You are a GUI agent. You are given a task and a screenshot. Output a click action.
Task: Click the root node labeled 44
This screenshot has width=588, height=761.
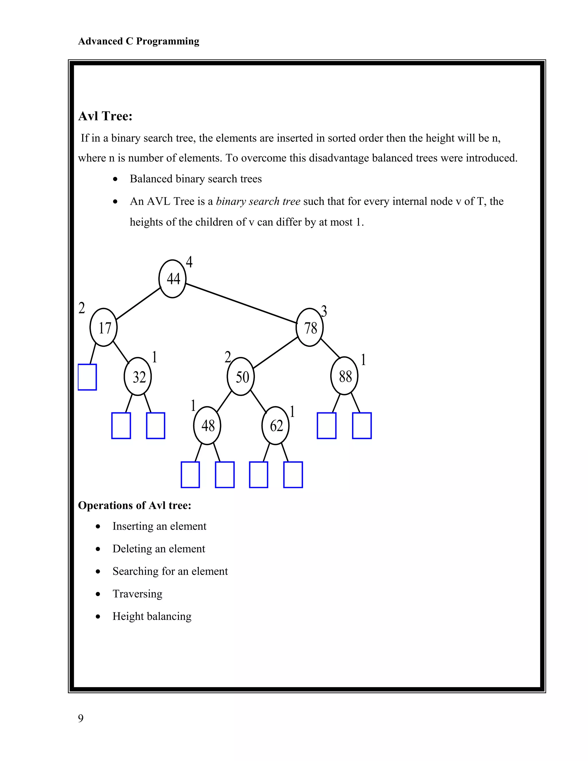[x=173, y=279]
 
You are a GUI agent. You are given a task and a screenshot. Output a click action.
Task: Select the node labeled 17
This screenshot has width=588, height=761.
[x=103, y=328]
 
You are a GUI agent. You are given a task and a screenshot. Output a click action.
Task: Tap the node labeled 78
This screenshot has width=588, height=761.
[x=310, y=328]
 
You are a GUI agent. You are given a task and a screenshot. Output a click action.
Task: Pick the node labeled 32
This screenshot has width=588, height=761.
[x=138, y=376]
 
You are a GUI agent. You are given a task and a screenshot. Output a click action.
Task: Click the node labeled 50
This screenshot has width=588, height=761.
[x=241, y=376]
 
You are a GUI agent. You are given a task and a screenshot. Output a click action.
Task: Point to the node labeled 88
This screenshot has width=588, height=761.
[x=344, y=376]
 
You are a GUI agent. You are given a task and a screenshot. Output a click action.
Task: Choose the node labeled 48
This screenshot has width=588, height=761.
[x=207, y=426]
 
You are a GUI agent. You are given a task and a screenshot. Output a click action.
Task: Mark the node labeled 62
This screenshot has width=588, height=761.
[x=276, y=426]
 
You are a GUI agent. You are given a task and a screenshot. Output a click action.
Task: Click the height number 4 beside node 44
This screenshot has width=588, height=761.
[x=189, y=262]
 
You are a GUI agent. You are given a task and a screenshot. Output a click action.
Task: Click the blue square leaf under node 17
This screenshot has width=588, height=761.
[x=87, y=377]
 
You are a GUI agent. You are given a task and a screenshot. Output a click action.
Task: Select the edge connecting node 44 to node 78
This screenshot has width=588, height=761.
[x=240, y=303]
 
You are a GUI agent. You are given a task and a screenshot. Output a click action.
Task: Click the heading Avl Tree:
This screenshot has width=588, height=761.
[x=105, y=116]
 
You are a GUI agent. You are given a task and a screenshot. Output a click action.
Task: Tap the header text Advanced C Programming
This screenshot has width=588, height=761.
[x=139, y=41]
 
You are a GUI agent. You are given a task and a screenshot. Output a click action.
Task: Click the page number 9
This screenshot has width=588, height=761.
[x=81, y=718]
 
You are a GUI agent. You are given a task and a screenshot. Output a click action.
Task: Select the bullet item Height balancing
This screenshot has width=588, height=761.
[x=152, y=616]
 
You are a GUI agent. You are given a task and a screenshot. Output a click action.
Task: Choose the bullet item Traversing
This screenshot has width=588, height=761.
[x=137, y=593]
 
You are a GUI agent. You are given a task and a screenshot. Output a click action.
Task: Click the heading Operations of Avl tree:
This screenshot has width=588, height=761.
[x=134, y=505]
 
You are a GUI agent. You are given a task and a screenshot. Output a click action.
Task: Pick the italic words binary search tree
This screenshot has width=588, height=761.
[x=258, y=201]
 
